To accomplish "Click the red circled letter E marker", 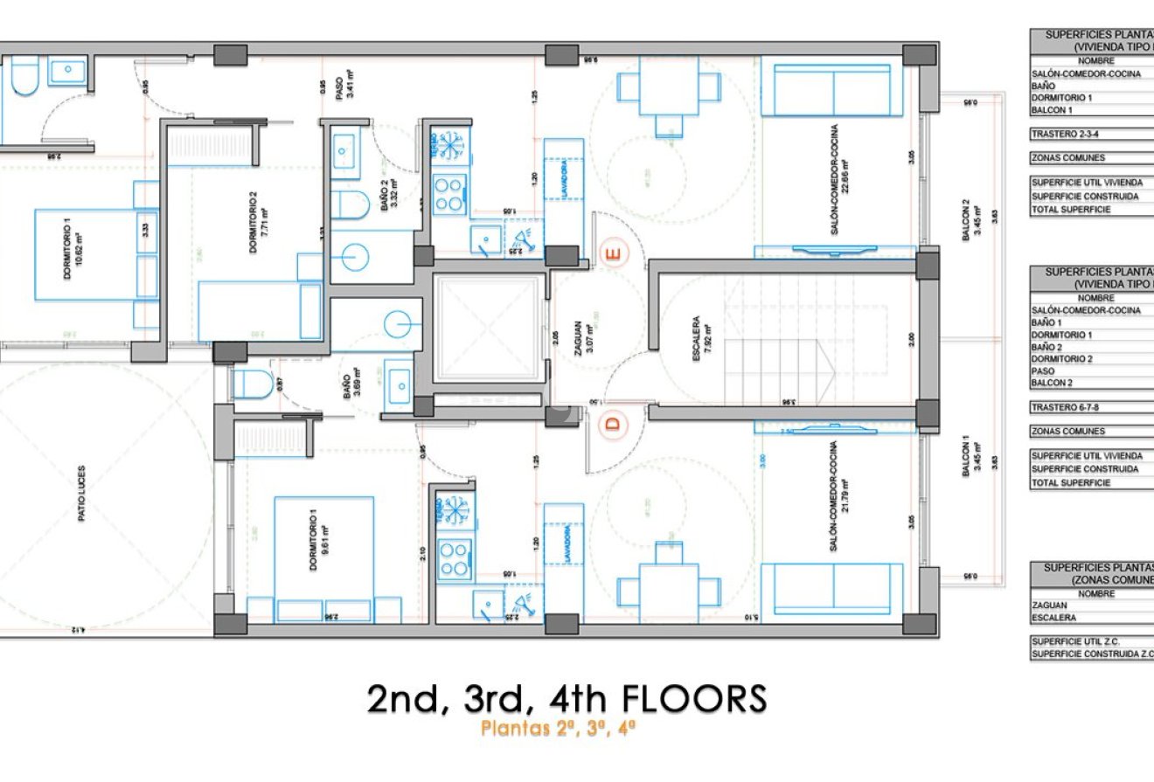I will [614, 254].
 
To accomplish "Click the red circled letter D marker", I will [614, 424].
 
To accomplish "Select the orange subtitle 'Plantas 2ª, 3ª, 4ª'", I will [558, 729].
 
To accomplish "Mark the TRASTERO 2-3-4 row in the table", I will [1062, 135].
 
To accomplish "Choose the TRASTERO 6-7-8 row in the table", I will [1062, 407].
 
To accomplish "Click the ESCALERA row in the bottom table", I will [1053, 617].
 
